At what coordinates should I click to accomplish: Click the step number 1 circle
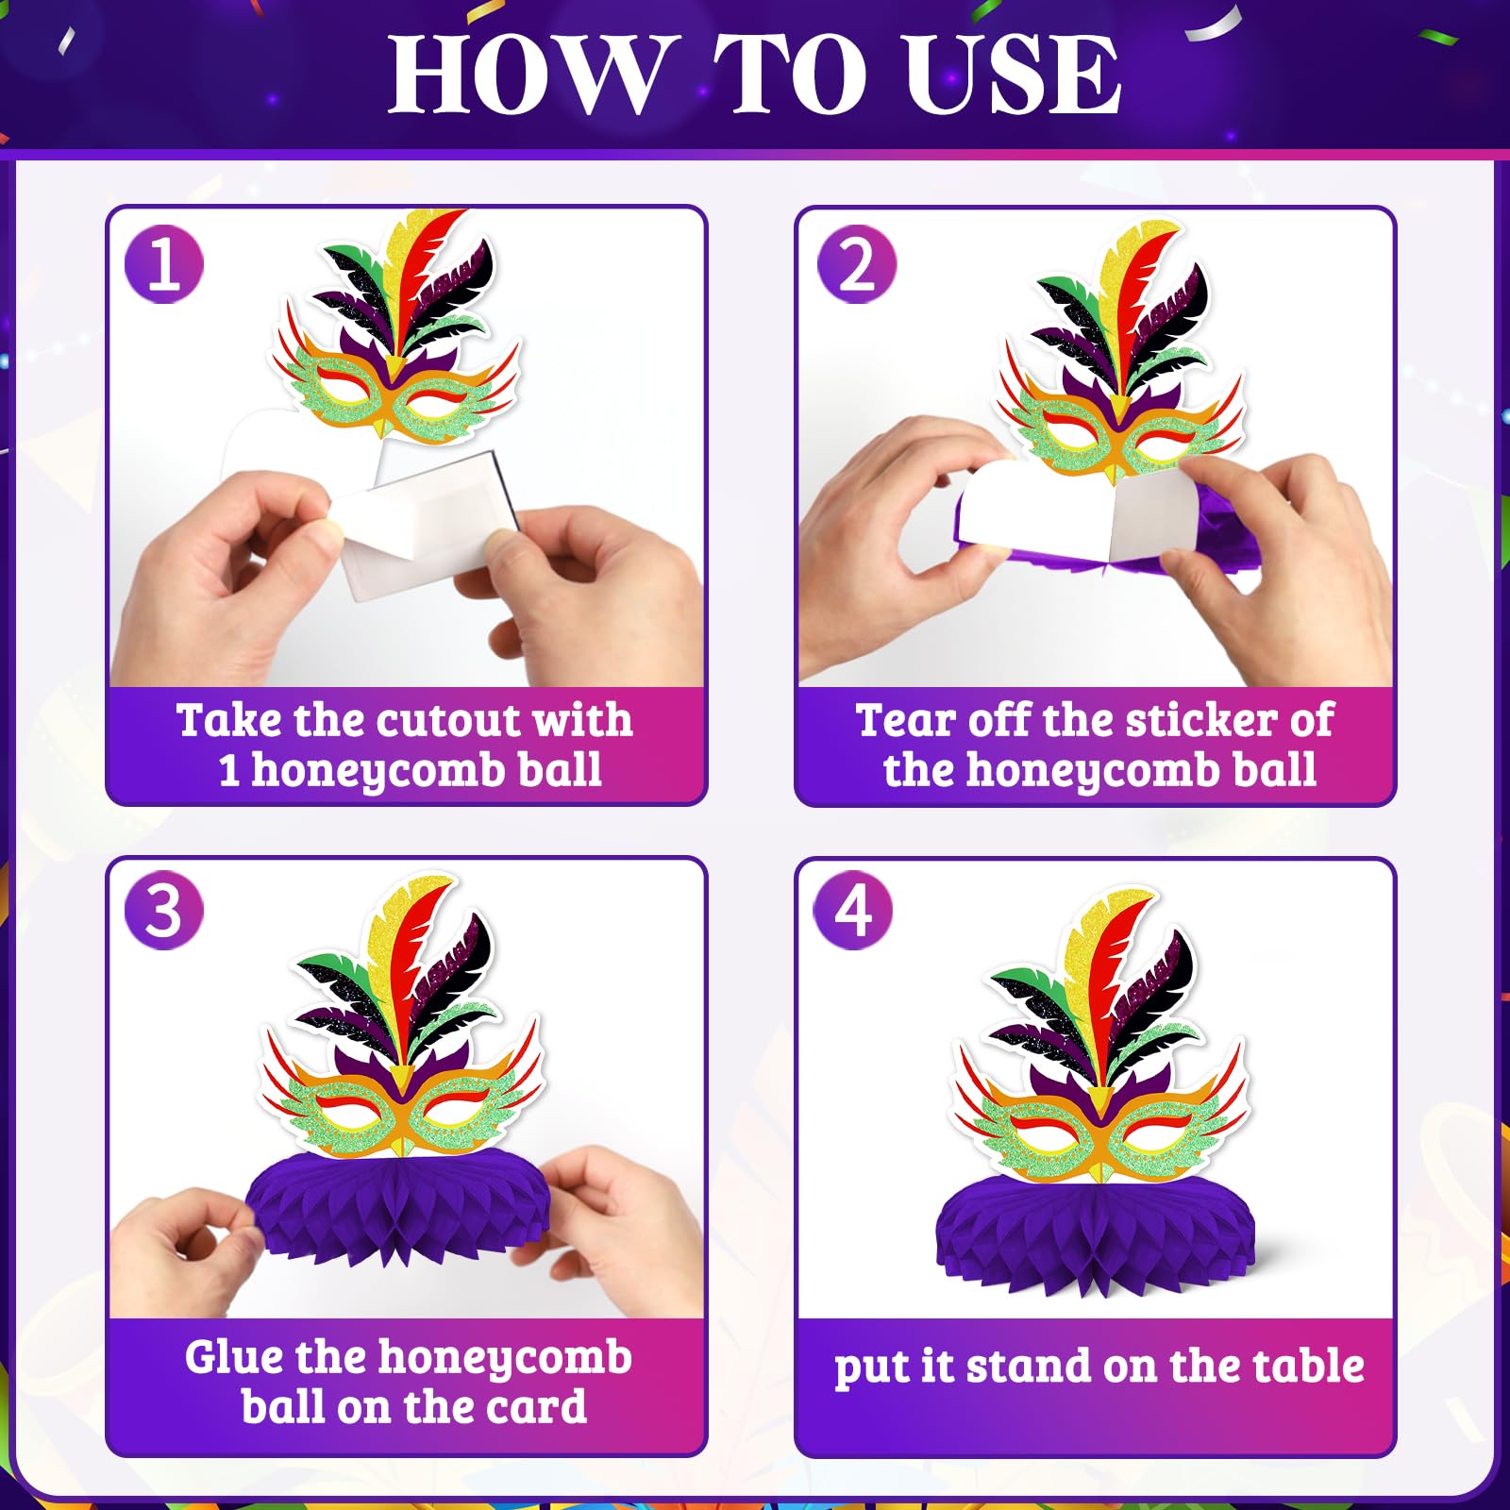click(164, 263)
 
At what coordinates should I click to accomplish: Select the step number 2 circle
click(857, 263)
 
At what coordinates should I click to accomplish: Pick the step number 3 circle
click(164, 910)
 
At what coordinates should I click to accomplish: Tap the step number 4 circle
click(853, 910)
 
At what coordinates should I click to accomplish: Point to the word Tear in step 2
click(905, 720)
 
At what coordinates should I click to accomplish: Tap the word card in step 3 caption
click(535, 1407)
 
